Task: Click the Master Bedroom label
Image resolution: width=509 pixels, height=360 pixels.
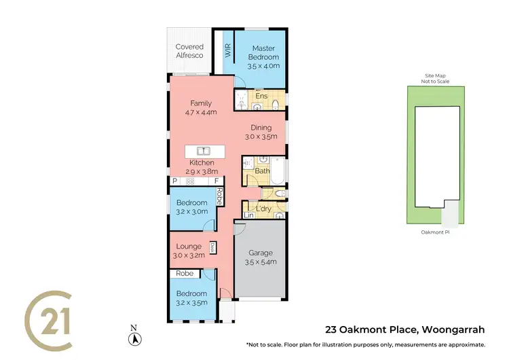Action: point(262,54)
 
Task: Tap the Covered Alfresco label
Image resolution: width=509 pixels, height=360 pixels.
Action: point(190,51)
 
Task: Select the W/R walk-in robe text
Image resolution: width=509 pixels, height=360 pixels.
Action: point(228,50)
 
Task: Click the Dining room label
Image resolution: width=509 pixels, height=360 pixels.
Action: point(261,132)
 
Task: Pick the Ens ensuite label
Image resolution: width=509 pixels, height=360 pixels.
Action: point(261,96)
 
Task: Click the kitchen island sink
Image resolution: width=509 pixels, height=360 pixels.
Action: point(202,150)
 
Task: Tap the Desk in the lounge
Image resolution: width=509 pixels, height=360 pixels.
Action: point(213,248)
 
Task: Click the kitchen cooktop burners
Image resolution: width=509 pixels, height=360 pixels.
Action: point(191,181)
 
